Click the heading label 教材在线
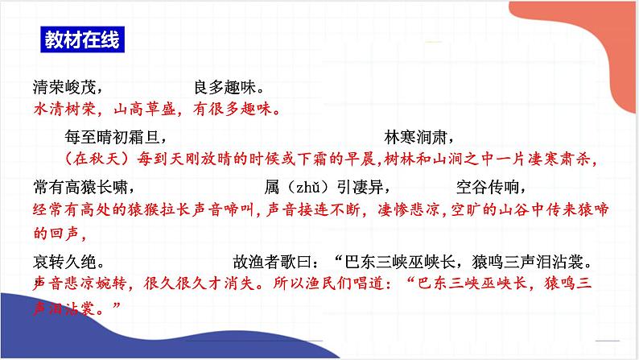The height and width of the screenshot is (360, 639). (81, 39)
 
